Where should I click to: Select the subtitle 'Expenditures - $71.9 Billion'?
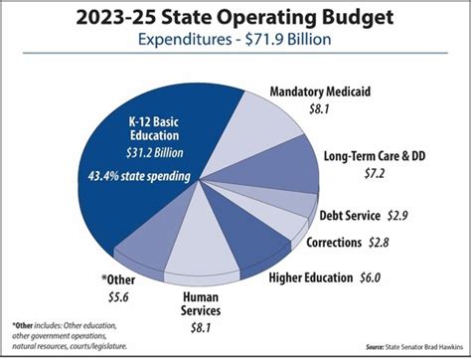pos(235,43)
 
